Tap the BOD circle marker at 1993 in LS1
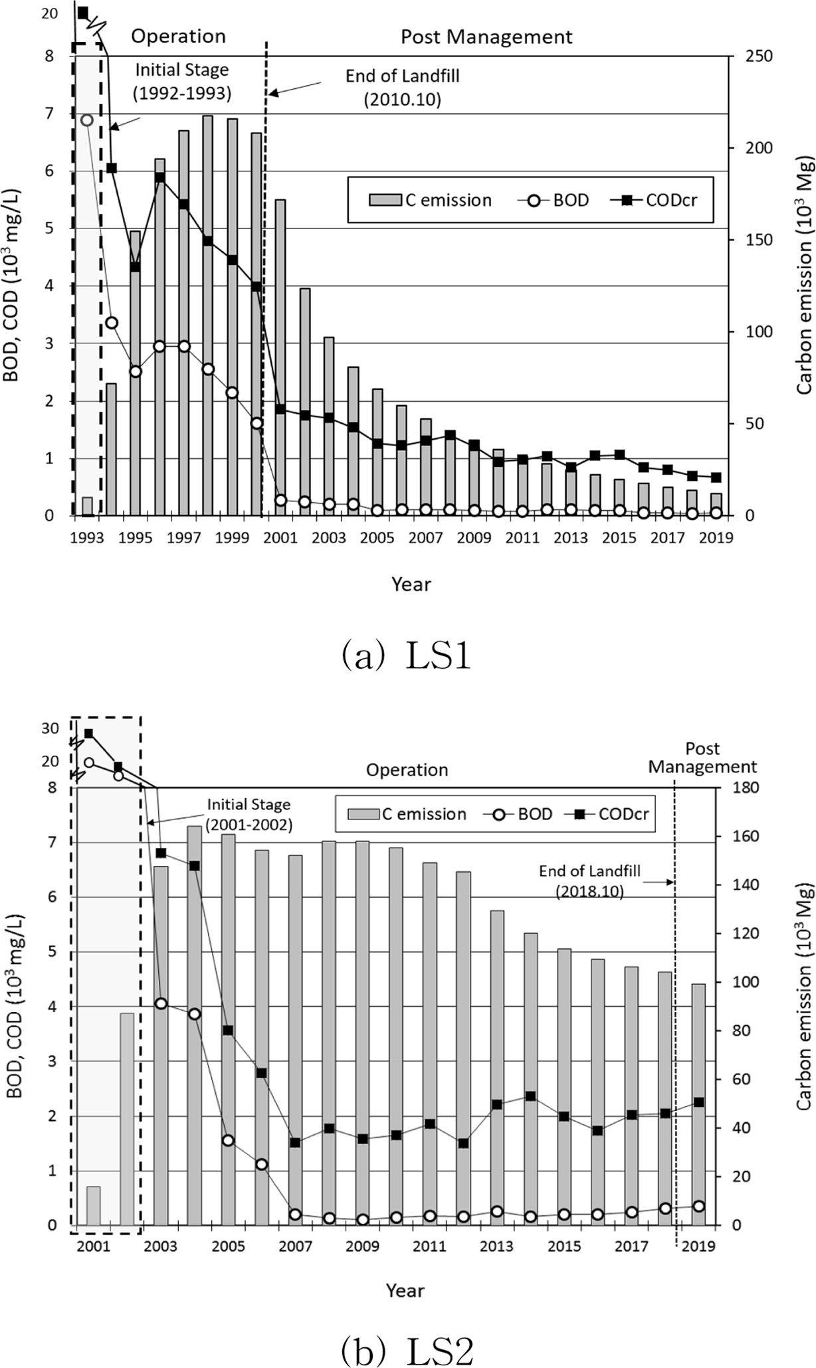click(86, 120)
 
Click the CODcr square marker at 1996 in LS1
click(159, 177)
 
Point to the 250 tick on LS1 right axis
click(758, 56)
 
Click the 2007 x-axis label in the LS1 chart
click(426, 538)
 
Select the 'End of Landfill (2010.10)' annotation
click(402, 88)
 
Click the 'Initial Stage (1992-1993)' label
click(181, 81)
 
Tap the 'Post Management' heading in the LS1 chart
click(486, 37)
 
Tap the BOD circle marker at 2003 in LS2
click(161, 1003)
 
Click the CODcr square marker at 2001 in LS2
click(88, 734)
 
